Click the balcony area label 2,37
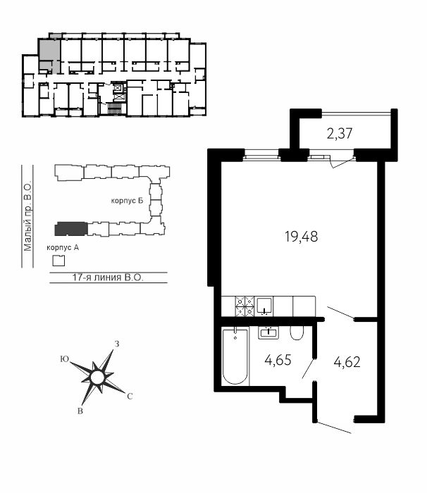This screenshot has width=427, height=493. coord(340,134)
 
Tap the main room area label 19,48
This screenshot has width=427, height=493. coord(301,237)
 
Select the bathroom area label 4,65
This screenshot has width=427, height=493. coord(278,360)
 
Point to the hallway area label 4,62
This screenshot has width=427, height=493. coord(347,362)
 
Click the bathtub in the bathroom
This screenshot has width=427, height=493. coord(235,356)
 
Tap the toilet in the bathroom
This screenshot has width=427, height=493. coord(297,333)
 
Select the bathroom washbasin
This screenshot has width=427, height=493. coord(268,332)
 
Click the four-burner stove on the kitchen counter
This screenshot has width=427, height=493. coord(245,306)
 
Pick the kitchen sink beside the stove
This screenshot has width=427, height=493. coord(264,306)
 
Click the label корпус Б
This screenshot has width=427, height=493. coord(127,201)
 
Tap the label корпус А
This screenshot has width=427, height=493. coord(63,248)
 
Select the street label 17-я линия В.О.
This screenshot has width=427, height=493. coord(108,277)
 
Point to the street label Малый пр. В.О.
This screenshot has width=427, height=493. coord(27,216)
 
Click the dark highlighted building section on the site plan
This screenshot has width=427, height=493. coord(71,229)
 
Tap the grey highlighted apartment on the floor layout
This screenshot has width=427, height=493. coord(49,56)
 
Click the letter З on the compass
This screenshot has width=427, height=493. coord(117,344)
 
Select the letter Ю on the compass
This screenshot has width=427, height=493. coord(65,359)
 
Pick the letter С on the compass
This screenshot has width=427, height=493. coord(130,397)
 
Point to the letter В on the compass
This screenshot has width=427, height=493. coord(80,411)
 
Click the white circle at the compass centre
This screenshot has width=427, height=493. coord(97,377)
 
